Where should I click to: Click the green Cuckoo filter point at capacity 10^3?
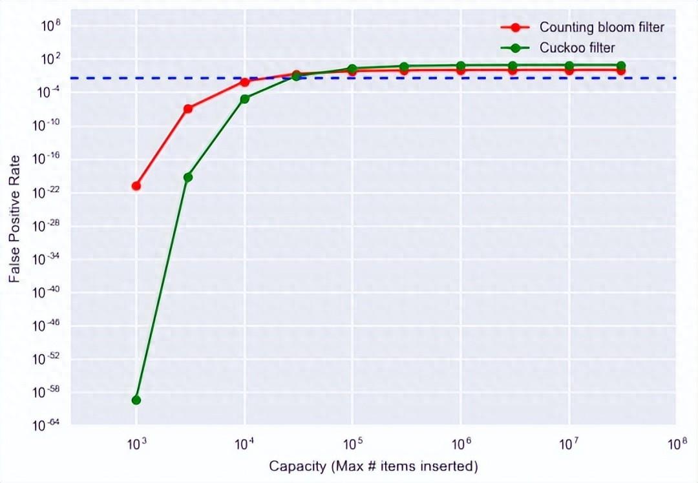(136, 400)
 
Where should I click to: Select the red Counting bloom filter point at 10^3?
(136, 186)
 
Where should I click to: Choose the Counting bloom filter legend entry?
(602, 27)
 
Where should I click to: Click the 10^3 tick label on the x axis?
(136, 444)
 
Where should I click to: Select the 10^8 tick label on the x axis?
(677, 444)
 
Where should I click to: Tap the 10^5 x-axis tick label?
(352, 444)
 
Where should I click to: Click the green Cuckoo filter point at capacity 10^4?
(244, 99)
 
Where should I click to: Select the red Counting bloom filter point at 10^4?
(244, 82)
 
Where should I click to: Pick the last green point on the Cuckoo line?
(620, 66)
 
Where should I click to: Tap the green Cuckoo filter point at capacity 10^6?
(461, 66)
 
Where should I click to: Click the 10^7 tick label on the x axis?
(569, 444)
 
